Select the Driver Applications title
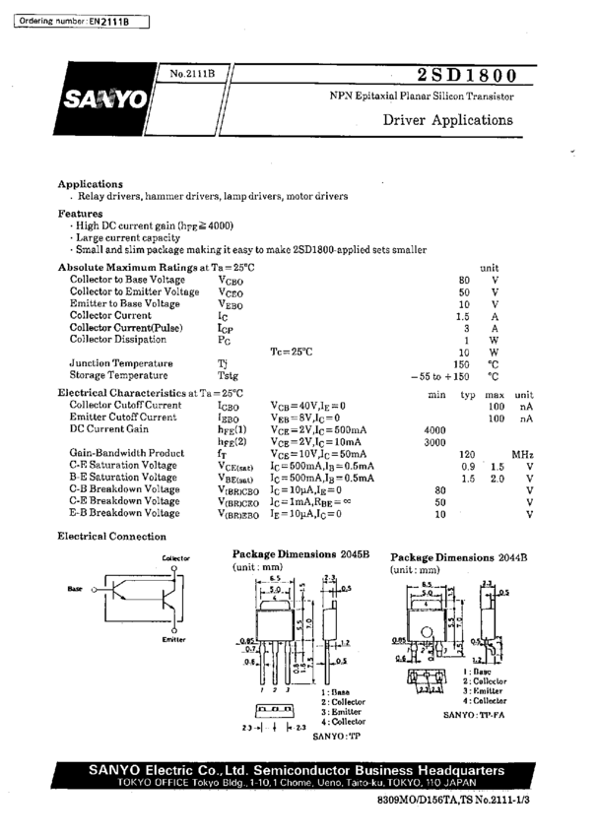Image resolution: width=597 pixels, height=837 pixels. click(x=447, y=120)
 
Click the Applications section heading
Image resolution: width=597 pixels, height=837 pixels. click(x=90, y=183)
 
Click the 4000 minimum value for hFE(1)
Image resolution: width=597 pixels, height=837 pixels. click(x=434, y=430)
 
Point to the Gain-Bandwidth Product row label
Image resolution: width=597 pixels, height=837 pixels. click(x=127, y=453)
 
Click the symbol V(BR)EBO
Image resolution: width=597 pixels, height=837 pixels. click(x=237, y=513)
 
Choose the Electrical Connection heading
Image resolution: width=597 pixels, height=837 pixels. click(x=111, y=537)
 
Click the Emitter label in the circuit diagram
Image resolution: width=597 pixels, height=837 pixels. click(x=173, y=639)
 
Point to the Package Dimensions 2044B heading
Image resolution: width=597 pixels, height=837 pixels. click(x=458, y=556)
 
